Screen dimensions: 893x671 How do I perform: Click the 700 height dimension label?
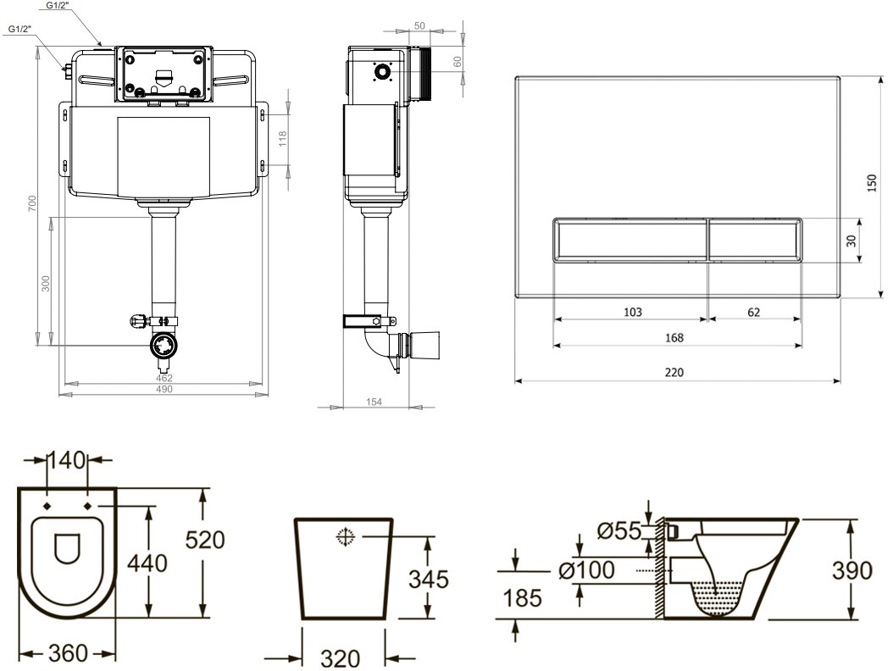coord(32,203)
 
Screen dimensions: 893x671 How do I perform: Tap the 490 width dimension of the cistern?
coord(164,390)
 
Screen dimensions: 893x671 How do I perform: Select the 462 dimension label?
coord(164,378)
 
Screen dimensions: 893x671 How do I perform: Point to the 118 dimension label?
coord(283,138)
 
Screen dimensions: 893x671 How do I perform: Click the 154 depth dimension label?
coord(374,402)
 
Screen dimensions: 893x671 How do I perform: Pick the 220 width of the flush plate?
coord(674,373)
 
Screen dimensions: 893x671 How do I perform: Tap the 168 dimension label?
coord(674,338)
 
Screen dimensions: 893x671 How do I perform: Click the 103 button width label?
coord(633,313)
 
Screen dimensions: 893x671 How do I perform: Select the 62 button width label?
coord(753,313)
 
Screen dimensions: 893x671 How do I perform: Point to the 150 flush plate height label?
coord(871,183)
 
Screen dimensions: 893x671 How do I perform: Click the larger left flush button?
coord(630,240)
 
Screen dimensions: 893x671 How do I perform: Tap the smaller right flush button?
coord(755,240)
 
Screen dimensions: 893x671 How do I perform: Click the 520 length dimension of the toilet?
coord(205,540)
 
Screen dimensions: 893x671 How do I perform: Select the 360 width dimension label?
coord(68,653)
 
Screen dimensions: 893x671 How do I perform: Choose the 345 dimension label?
coord(429,579)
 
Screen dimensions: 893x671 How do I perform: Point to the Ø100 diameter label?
coord(586,569)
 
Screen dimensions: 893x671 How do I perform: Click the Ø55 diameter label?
coord(619,531)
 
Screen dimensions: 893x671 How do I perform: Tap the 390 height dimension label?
coord(852,570)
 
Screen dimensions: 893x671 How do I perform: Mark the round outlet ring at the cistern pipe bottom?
coord(164,345)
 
